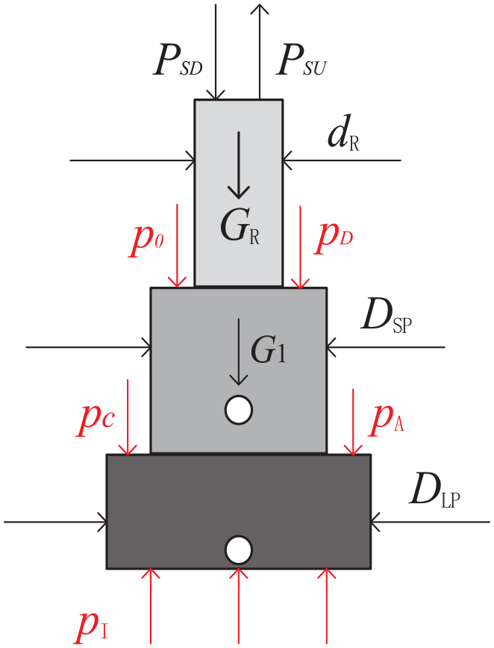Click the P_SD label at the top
pos(178,61)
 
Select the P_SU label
pos(301,61)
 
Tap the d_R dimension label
pos(343,132)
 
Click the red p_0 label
pos(146,242)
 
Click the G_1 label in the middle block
pos(269,349)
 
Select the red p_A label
pos(386,420)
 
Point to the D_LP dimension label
pos(434,492)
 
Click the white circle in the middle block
pos(239,410)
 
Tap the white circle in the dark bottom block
pos(239,550)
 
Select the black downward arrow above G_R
pos(239,165)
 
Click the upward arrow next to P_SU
pos(260,52)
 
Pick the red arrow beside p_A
pos(353,422)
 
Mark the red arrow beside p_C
pos(128,417)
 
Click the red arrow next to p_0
pos(177,246)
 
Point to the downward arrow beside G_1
pos(238,352)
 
